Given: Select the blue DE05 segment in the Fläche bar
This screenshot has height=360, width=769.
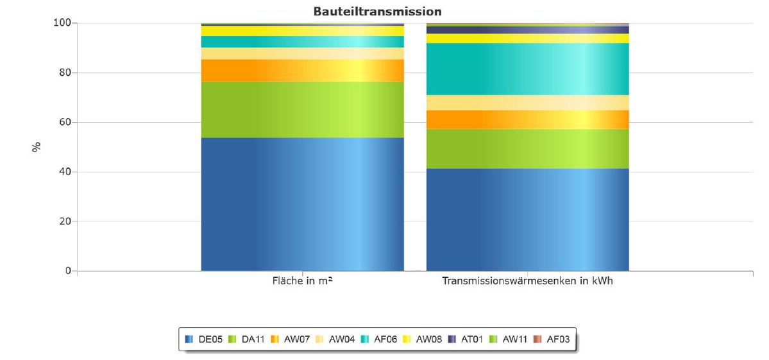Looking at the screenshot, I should [x=302, y=204].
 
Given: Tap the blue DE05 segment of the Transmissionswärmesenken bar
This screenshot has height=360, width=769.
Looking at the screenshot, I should [x=527, y=219].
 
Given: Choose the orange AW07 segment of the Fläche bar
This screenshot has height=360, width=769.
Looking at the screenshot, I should [x=302, y=71].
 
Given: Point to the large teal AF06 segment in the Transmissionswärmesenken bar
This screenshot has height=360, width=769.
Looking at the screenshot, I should [x=527, y=69].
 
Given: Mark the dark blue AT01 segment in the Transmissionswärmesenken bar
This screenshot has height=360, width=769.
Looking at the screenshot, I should [x=527, y=30].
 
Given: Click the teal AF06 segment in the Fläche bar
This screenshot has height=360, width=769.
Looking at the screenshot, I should [x=302, y=42].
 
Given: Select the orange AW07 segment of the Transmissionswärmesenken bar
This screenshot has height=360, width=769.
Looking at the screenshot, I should [x=527, y=119].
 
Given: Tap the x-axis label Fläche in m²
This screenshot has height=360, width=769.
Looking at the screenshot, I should [x=302, y=282].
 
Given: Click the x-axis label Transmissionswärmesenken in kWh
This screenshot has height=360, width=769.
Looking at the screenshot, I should [x=527, y=282].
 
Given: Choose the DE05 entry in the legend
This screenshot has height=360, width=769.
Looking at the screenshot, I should [x=205, y=339].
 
